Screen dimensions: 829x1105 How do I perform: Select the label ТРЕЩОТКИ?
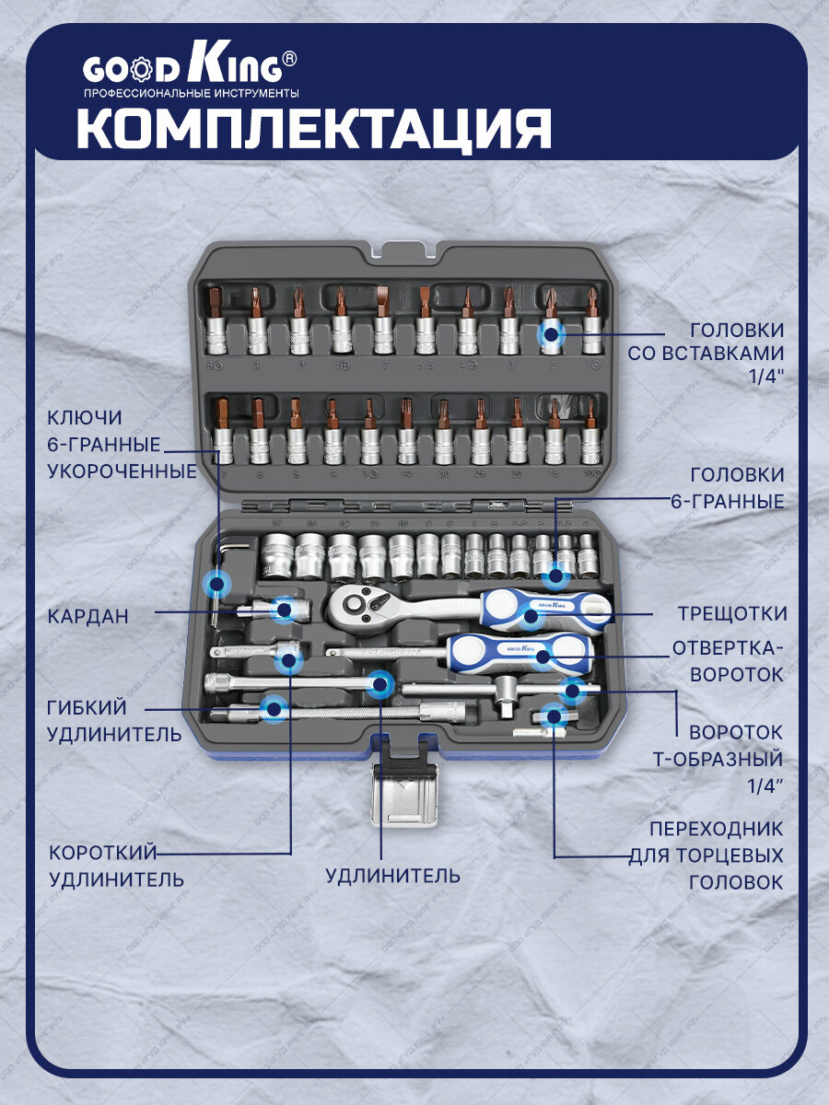click(x=732, y=613)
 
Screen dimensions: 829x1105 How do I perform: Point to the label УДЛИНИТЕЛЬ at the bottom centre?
click(x=392, y=875)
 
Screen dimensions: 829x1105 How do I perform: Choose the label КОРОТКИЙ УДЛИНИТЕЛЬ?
click(x=116, y=866)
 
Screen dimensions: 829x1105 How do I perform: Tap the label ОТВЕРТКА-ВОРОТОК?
click(x=728, y=660)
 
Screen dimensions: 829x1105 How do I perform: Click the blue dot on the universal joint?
click(x=284, y=608)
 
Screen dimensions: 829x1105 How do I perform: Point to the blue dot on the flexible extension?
click(x=273, y=708)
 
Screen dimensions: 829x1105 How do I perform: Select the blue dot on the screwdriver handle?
click(x=543, y=657)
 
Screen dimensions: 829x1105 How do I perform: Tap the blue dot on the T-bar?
click(x=572, y=690)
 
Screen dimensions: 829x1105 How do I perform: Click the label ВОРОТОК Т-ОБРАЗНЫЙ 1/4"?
click(x=736, y=759)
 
